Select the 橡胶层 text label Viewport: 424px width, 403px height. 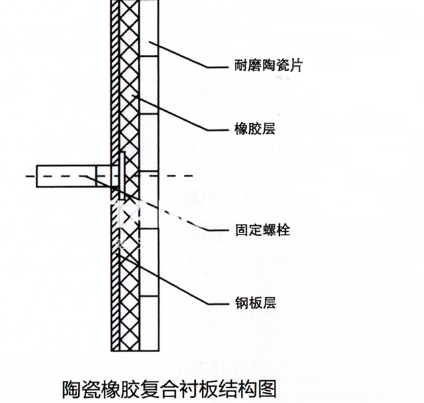pyautogui.click(x=245, y=129)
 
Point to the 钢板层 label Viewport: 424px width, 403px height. pyautogui.click(x=245, y=303)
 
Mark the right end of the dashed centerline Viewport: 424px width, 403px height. pyautogui.click(x=193, y=176)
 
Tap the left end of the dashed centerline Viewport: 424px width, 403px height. pyautogui.click(x=27, y=176)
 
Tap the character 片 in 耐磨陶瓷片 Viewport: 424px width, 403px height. pyautogui.click(x=295, y=65)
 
